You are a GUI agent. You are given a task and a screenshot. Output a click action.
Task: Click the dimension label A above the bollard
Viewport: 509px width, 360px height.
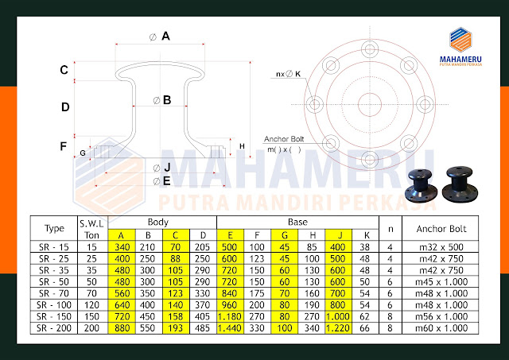[166, 36]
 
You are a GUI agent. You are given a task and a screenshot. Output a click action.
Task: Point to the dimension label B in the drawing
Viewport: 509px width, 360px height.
[167, 100]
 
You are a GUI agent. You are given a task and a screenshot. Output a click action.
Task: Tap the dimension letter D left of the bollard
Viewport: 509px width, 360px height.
[65, 106]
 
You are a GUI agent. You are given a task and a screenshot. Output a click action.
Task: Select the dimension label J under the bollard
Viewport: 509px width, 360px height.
[167, 167]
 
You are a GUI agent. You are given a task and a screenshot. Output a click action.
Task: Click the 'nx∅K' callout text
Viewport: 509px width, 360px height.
[288, 74]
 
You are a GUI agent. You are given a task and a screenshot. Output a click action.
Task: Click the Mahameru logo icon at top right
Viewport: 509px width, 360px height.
[461, 39]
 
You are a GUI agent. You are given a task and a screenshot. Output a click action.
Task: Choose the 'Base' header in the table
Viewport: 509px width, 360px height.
[297, 223]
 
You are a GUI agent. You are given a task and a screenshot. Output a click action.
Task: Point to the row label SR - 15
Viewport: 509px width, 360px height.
[52, 247]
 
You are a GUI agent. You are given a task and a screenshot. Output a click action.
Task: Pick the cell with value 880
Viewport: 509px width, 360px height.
[122, 326]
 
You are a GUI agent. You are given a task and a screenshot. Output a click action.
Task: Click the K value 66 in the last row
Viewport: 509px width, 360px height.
[366, 326]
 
